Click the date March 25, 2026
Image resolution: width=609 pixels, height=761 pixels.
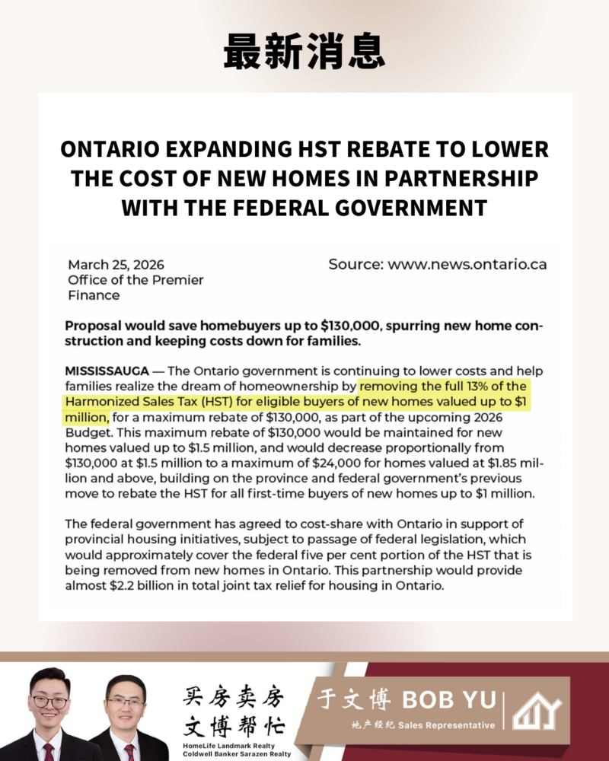(x=116, y=265)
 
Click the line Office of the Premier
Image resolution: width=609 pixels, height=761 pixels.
(x=136, y=280)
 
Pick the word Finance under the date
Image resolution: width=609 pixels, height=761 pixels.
(x=94, y=295)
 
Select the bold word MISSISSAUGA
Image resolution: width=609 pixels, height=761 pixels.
(x=107, y=371)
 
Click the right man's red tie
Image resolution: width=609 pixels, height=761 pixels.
(x=129, y=750)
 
